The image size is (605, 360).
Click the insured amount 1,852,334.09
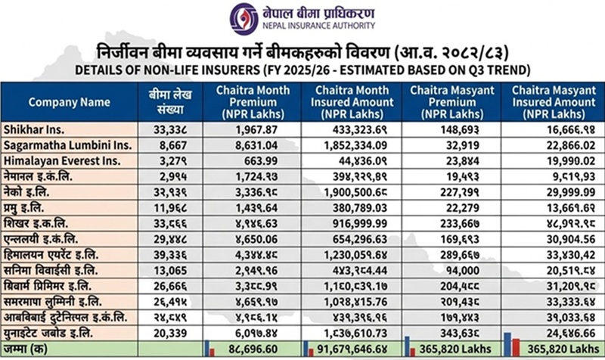pyautogui.click(x=352, y=144)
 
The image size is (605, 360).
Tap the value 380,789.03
pyautogui.click(x=352, y=206)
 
